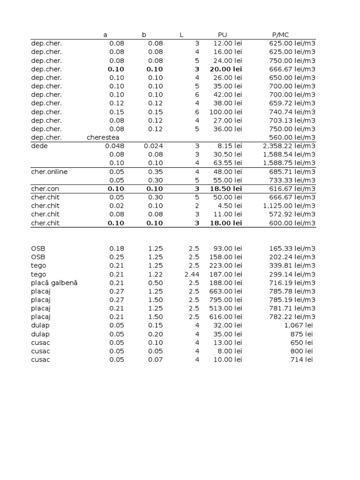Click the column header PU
coord(222,35)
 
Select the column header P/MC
coord(280,35)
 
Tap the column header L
coord(181,35)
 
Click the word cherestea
coord(103,137)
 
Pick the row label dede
coord(39,146)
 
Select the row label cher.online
coord(49,172)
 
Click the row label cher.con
coord(45,188)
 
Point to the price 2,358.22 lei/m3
coord(289,146)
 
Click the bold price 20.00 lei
coord(225,69)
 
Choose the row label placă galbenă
coord(54,283)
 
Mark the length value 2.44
coord(192,274)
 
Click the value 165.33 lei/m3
coord(292,248)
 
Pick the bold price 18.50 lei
coord(225,188)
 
